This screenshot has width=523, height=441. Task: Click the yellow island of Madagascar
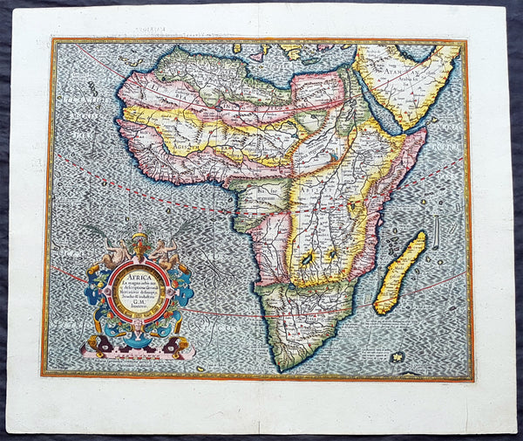pos(399,273)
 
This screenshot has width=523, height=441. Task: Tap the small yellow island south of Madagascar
pos(398,355)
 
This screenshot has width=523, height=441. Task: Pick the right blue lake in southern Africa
pos(331,255)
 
